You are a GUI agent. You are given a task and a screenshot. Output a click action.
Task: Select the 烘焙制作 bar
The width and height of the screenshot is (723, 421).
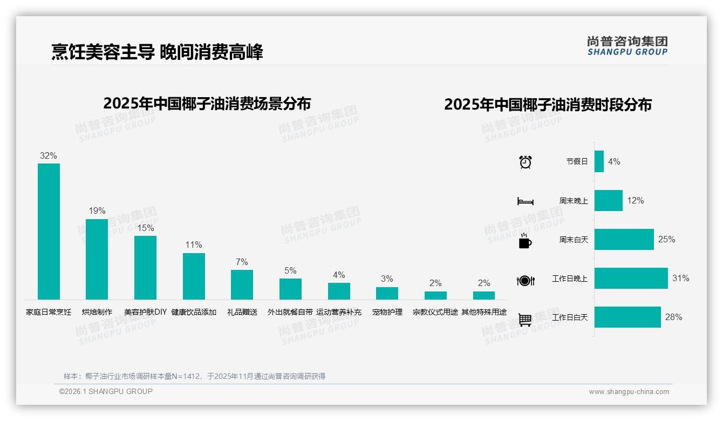[97, 259]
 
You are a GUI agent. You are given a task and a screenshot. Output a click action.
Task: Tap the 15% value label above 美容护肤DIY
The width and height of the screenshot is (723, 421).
[145, 228]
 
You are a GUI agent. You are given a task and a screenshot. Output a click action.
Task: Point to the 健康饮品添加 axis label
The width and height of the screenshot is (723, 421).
[194, 312]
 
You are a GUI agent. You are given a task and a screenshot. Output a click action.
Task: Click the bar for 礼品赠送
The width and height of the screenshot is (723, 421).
[242, 284]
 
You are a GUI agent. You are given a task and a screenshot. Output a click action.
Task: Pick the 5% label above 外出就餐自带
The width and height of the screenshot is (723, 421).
[290, 271]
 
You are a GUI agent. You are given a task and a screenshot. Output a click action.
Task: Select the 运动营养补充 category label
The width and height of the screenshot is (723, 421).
[339, 312]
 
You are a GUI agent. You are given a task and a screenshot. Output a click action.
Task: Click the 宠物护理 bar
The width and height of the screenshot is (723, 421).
[387, 293]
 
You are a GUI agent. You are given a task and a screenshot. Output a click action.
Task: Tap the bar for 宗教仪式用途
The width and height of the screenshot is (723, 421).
[435, 295]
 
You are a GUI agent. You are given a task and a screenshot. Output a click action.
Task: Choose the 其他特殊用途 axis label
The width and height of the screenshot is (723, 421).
[484, 312]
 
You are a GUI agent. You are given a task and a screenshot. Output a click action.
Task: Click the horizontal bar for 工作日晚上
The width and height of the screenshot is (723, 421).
[631, 279]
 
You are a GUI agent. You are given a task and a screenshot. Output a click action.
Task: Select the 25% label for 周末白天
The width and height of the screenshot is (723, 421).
[666, 239]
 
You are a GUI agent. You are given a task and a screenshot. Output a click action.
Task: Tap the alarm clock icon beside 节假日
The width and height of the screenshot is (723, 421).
[526, 161]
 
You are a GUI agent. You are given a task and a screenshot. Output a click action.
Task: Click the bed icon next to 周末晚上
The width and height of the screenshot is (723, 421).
[526, 201]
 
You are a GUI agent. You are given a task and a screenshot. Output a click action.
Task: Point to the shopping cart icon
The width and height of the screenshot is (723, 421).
[525, 320]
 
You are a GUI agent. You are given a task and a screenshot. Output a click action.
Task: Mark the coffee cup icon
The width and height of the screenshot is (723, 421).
[525, 241]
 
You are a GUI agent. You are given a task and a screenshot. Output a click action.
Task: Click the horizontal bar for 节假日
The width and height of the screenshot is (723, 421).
[599, 161]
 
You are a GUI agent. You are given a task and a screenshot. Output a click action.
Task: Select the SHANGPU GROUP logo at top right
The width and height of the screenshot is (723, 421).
[627, 46]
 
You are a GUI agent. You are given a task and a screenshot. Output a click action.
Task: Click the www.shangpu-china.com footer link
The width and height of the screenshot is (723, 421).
[629, 392]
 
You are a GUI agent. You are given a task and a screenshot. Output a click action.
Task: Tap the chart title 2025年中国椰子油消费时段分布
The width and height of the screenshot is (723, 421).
[548, 104]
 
